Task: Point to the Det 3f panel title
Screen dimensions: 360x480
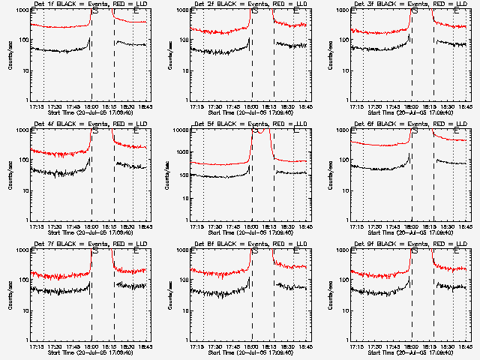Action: [409, 5]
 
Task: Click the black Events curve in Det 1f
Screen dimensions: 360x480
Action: [60, 51]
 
